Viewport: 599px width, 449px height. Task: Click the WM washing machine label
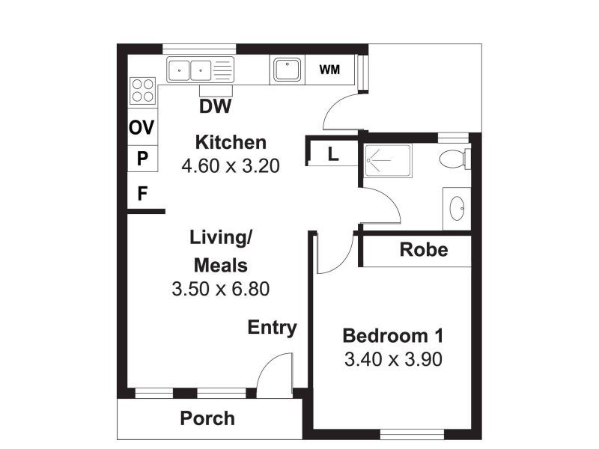pos(329,70)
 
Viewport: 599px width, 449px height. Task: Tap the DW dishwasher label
pos(215,107)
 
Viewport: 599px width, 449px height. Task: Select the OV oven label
pos(142,128)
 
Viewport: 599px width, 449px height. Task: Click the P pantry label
pos(142,159)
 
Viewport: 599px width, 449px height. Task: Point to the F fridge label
pos(142,195)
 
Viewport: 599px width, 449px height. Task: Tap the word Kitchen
pos(230,142)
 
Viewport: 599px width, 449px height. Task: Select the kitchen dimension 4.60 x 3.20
pos(230,165)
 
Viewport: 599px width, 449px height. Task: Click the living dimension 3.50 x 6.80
pos(220,288)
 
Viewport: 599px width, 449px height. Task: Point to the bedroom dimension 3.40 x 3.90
pos(393,359)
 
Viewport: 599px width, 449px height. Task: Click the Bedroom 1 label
pos(393,335)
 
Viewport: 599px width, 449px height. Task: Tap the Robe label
pos(423,250)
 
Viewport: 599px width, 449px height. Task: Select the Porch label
pos(207,418)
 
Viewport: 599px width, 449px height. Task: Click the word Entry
pos(273,328)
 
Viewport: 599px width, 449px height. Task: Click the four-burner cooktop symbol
pos(142,91)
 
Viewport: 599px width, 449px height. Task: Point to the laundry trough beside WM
pos(287,70)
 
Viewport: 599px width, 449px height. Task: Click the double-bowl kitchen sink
pos(190,71)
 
